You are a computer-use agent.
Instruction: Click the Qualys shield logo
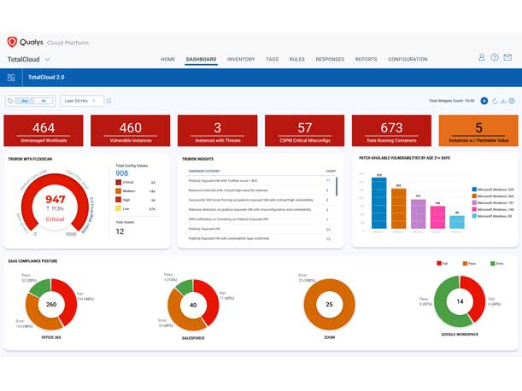12,42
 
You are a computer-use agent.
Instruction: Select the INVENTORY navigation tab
241,60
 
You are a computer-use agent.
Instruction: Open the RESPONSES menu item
330,60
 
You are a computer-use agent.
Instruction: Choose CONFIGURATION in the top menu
408,60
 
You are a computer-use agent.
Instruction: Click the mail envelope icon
507,58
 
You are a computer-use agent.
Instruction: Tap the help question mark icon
495,58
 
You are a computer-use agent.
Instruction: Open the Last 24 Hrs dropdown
82,101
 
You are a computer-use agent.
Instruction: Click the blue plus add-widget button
484,101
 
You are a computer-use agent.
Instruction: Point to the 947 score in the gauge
56,199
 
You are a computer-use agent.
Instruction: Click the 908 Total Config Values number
122,173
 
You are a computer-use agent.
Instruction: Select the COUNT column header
331,171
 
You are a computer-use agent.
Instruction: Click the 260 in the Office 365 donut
51,304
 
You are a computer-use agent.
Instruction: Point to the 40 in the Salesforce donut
192,304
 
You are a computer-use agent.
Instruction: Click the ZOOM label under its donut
329,338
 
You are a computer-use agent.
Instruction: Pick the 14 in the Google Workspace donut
460,301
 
